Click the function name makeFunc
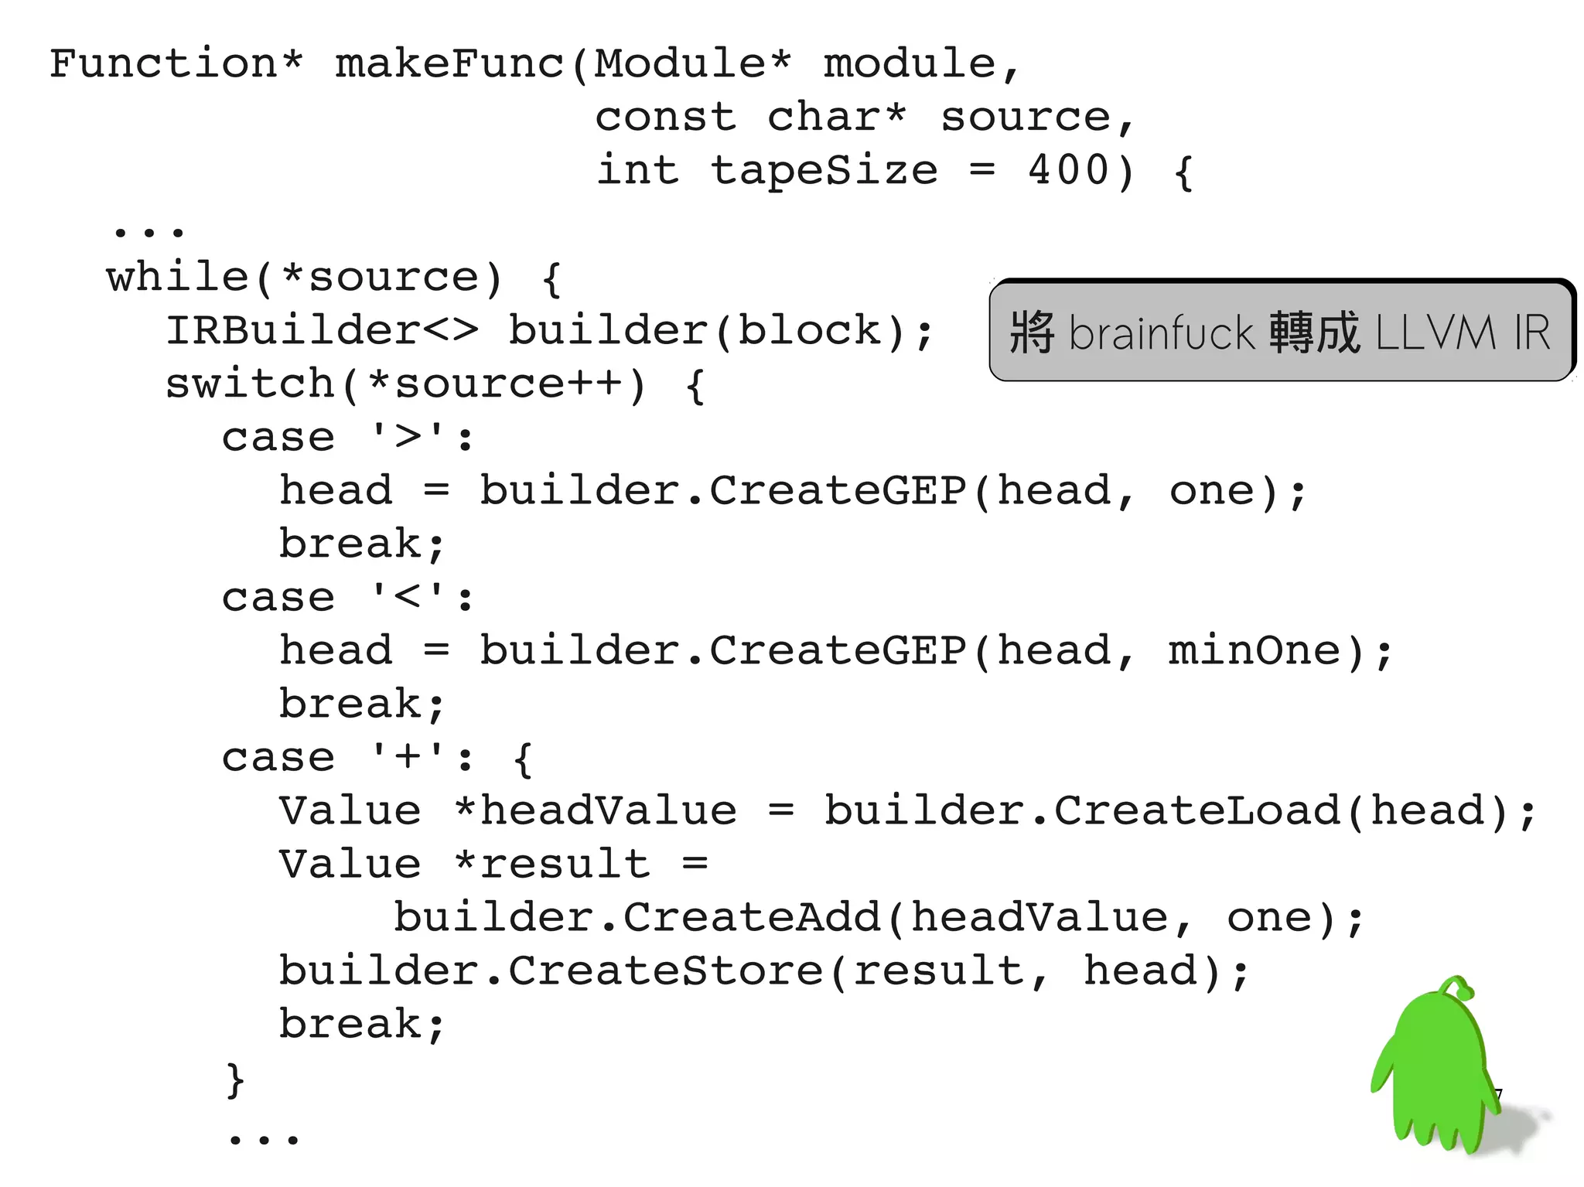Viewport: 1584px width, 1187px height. [x=449, y=63]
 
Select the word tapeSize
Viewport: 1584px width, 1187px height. [x=824, y=170]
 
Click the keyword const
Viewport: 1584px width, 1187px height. [x=665, y=118]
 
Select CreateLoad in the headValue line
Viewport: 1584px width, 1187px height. [x=1197, y=810]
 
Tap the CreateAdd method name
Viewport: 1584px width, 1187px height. [x=753, y=917]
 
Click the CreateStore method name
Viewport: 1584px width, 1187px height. [x=666, y=970]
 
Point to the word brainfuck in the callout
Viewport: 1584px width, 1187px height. [x=1161, y=333]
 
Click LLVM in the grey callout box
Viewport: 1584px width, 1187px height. [x=1435, y=333]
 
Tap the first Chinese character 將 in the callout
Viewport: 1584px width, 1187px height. [x=1033, y=333]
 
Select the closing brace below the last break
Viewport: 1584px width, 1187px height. [x=235, y=1080]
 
